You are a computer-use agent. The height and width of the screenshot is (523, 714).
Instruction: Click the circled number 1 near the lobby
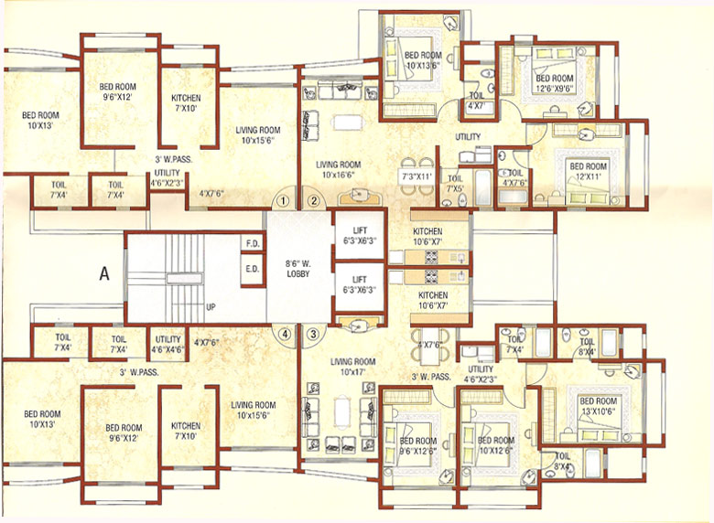click(285, 200)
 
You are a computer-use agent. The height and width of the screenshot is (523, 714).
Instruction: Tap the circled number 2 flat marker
click(312, 200)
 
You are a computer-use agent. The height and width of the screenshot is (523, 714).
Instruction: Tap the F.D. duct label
click(252, 244)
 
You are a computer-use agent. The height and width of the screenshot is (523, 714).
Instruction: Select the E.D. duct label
click(252, 269)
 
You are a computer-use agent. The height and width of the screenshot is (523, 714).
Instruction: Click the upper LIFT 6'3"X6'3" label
click(357, 233)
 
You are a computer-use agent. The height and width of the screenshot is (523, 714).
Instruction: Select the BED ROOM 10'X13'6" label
click(423, 59)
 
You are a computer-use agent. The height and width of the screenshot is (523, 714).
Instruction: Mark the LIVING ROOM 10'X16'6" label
click(339, 170)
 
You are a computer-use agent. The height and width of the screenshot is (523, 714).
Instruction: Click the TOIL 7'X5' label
click(455, 185)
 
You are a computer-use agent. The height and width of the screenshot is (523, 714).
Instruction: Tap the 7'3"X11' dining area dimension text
click(416, 174)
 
